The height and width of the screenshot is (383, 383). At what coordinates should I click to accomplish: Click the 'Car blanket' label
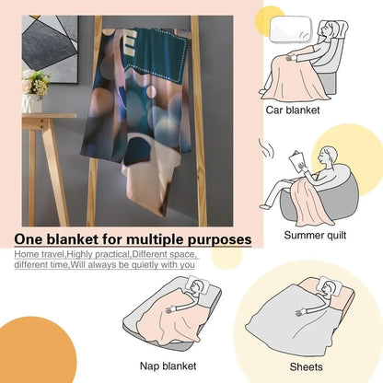(293, 110)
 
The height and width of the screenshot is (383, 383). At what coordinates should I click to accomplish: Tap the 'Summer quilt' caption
(315, 236)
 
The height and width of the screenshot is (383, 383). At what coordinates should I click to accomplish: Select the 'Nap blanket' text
(168, 366)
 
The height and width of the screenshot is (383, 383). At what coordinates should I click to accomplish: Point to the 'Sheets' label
(306, 367)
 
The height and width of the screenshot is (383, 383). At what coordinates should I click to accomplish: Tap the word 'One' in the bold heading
(27, 239)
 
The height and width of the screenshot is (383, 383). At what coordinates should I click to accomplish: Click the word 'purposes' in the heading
(219, 240)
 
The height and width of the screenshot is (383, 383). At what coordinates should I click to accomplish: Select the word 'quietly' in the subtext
(139, 265)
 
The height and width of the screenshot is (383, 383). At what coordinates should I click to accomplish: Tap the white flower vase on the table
(32, 103)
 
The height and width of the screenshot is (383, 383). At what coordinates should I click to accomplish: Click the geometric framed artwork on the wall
(50, 49)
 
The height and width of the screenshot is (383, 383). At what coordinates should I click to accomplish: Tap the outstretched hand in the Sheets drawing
(301, 312)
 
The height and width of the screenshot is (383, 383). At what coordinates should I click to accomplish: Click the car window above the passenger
(290, 29)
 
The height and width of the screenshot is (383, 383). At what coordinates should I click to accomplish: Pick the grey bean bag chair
(319, 196)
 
